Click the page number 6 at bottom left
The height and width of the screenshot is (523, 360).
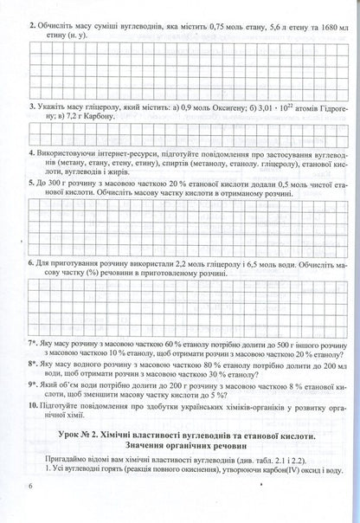30,511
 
